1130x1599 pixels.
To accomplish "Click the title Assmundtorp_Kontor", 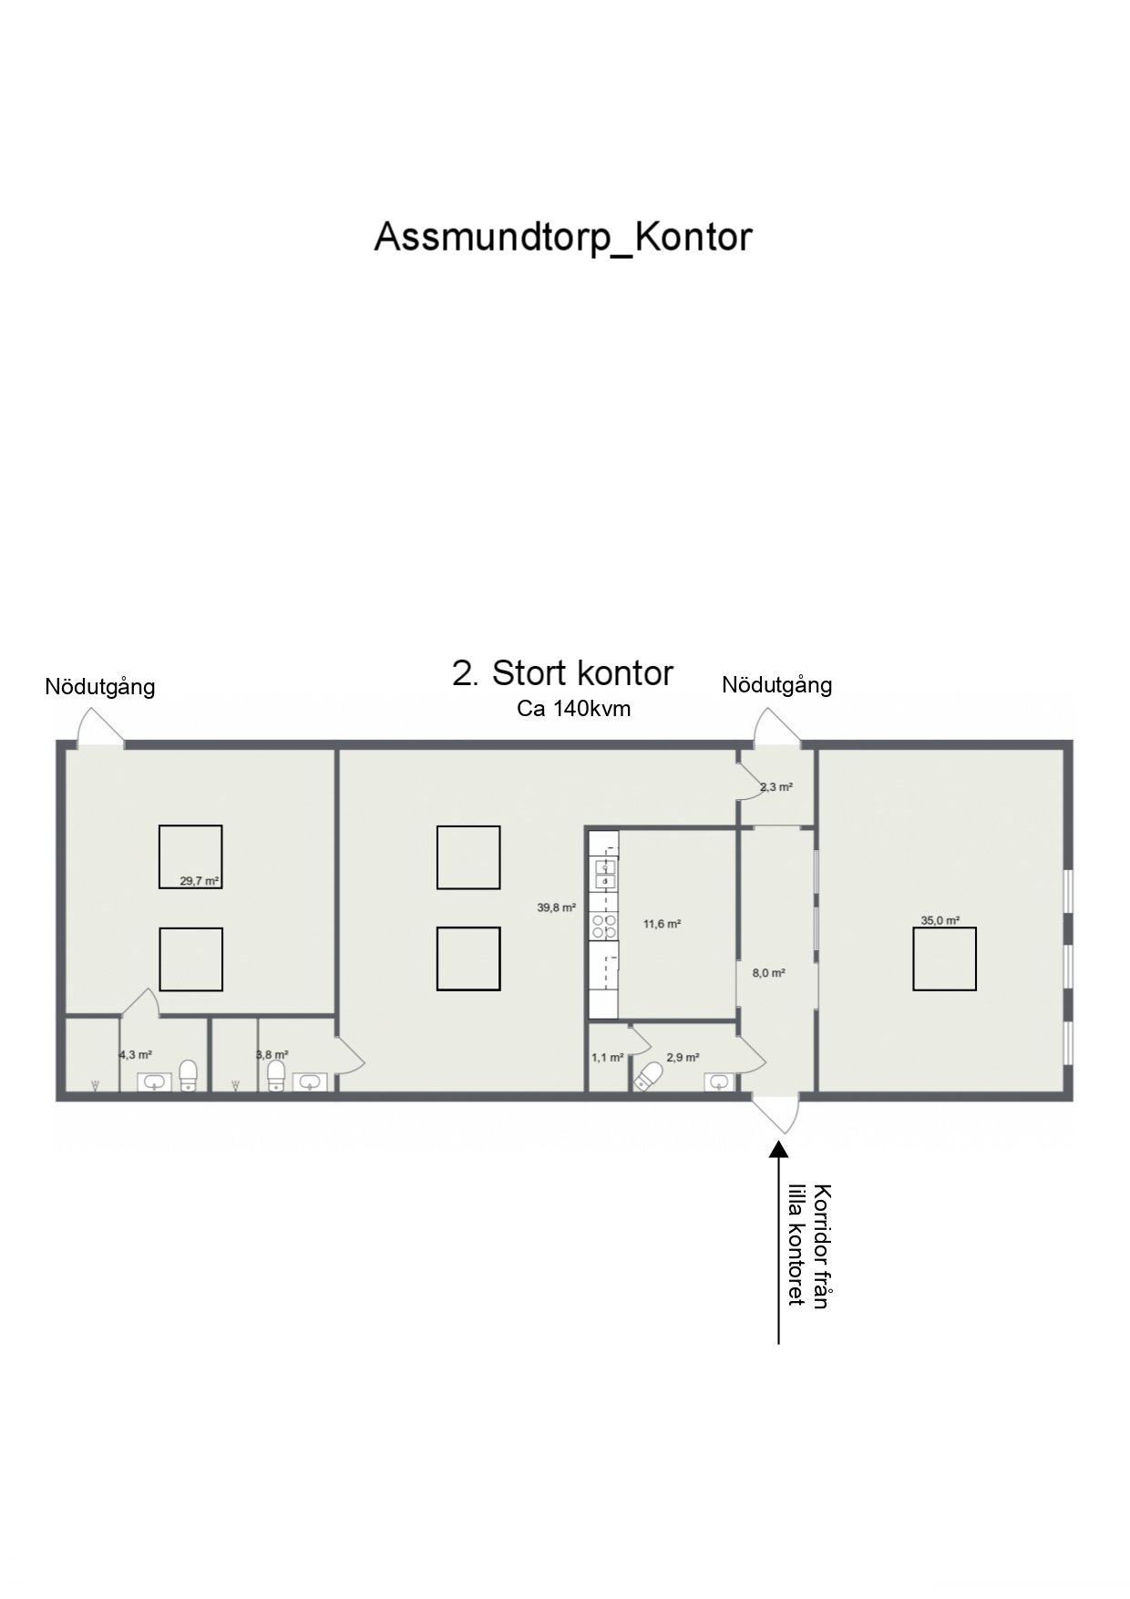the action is (x=563, y=238).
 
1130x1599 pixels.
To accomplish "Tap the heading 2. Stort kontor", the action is (x=562, y=673).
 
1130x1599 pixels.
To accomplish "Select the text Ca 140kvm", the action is (x=573, y=709).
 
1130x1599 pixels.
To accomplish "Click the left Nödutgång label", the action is (x=100, y=687).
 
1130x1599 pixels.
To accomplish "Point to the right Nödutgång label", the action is (x=777, y=685).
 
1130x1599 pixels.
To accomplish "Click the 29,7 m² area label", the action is (x=199, y=881).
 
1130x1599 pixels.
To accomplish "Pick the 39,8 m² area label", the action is (x=556, y=907).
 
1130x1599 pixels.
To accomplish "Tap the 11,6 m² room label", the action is (x=663, y=924).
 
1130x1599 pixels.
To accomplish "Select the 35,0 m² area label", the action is (x=940, y=920).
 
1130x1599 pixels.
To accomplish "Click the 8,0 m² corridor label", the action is (x=768, y=973).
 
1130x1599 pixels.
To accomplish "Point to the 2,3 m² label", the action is (x=776, y=787).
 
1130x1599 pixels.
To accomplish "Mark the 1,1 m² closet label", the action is (x=607, y=1058).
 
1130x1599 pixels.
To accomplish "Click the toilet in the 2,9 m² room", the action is (x=651, y=1076).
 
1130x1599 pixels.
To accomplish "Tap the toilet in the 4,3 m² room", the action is (x=188, y=1075).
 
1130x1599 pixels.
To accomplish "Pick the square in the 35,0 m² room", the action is (x=945, y=958).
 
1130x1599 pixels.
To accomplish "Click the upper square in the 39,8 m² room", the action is (x=468, y=857).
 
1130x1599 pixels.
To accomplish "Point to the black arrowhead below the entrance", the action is (x=778, y=1151).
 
